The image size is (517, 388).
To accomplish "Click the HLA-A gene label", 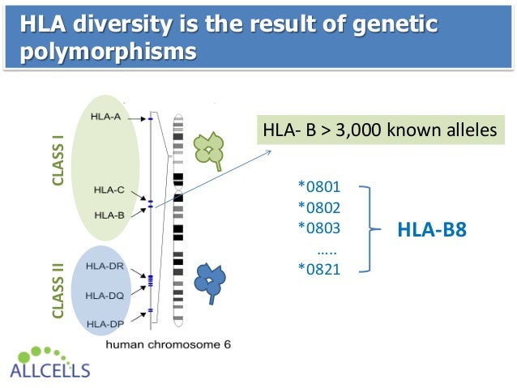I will pyautogui.click(x=105, y=117).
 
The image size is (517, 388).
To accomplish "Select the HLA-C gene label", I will pyautogui.click(x=109, y=190).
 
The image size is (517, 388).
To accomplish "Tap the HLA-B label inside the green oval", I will pyautogui.click(x=109, y=215).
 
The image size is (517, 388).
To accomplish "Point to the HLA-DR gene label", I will pyautogui.click(x=104, y=265).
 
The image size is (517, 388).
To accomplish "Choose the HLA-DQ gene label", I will pyautogui.click(x=104, y=296).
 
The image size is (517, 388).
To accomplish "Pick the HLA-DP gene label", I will pyautogui.click(x=104, y=325).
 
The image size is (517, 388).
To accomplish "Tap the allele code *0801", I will pyautogui.click(x=318, y=187).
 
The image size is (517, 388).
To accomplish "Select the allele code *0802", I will pyautogui.click(x=318, y=207).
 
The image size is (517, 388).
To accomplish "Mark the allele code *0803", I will pyautogui.click(x=318, y=228).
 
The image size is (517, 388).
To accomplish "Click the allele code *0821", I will pyautogui.click(x=318, y=269).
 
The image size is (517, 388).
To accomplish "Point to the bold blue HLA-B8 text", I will pyautogui.click(x=432, y=230).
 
